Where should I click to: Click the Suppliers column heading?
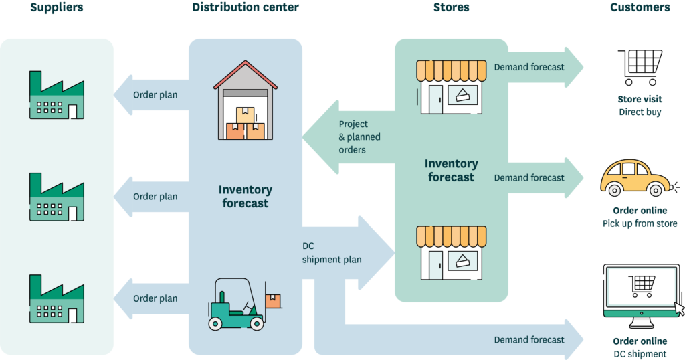point(56,8)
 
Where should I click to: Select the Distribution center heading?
point(246,8)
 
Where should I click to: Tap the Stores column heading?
point(451,8)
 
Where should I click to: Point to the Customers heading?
point(640,8)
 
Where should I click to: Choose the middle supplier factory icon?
point(57,197)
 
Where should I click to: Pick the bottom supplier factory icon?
point(57,298)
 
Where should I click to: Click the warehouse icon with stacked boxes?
point(245,101)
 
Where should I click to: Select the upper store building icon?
point(451,87)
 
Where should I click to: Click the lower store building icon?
point(451,252)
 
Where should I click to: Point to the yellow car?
point(635,178)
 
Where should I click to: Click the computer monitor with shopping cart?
point(643,295)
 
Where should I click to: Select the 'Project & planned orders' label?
point(359,137)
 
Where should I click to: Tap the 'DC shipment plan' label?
point(332,253)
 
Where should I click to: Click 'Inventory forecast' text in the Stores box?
point(451,171)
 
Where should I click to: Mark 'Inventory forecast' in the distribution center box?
point(245,197)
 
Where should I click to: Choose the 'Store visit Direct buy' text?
point(640,106)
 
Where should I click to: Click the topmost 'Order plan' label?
point(155,95)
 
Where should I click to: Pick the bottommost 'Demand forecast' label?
point(529,340)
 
